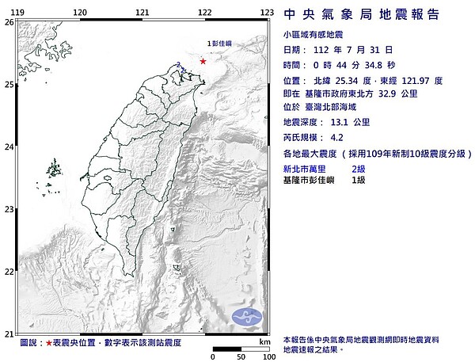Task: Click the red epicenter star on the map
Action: tap(203, 61)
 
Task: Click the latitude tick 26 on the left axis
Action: tap(8, 23)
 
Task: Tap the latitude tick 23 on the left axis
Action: tap(8, 209)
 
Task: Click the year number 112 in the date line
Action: tap(321, 49)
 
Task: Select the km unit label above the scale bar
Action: tap(264, 341)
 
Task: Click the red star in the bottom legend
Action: tap(50, 342)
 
